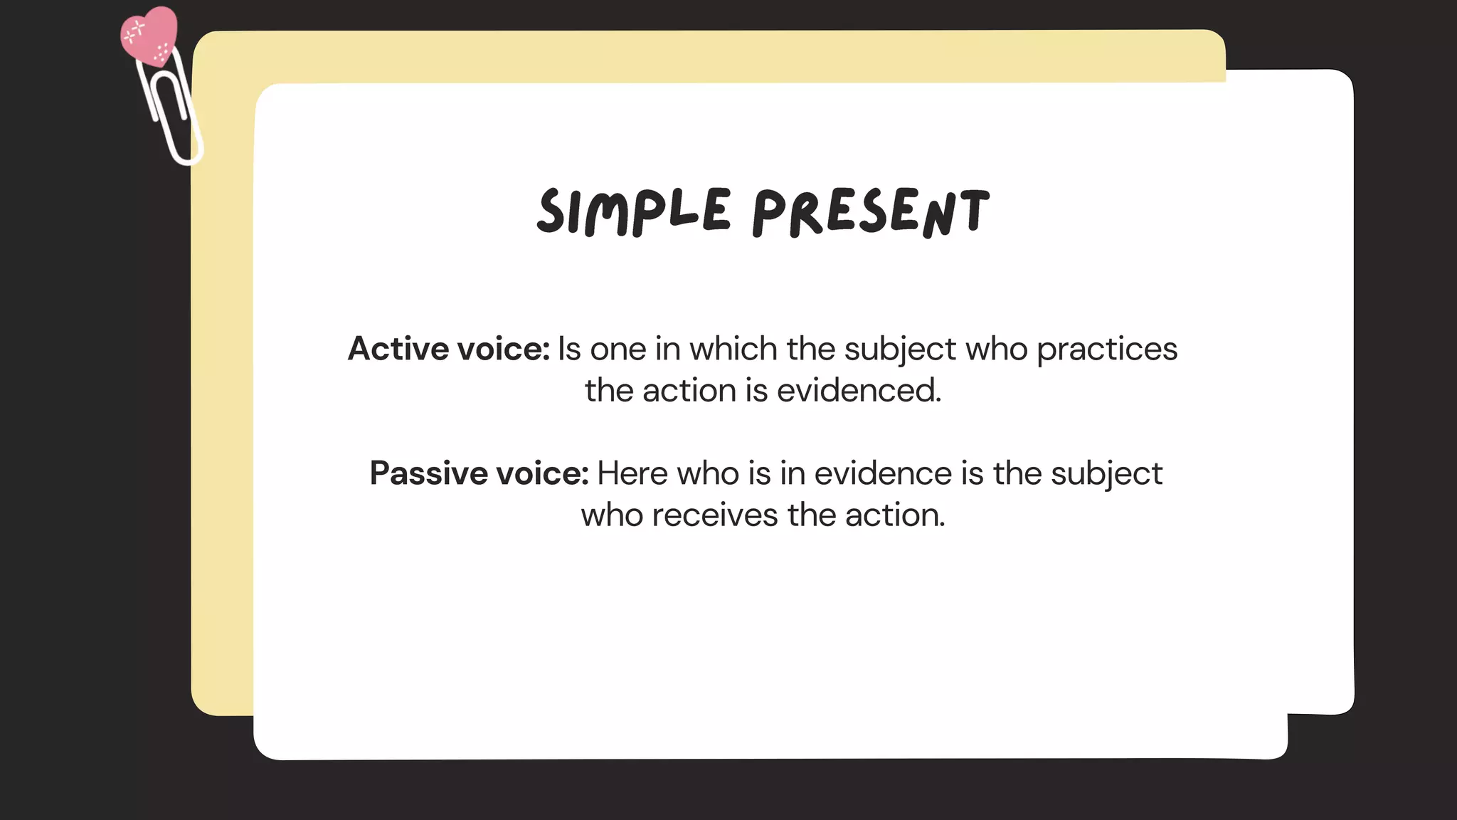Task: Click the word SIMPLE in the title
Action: pyautogui.click(x=633, y=211)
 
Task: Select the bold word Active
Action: pyautogui.click(x=398, y=349)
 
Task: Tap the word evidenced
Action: pyautogui.click(x=859, y=391)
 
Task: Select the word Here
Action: pyautogui.click(x=632, y=473)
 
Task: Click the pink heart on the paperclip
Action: pyautogui.click(x=149, y=36)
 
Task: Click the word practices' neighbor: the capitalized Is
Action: pyautogui.click(x=569, y=349)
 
